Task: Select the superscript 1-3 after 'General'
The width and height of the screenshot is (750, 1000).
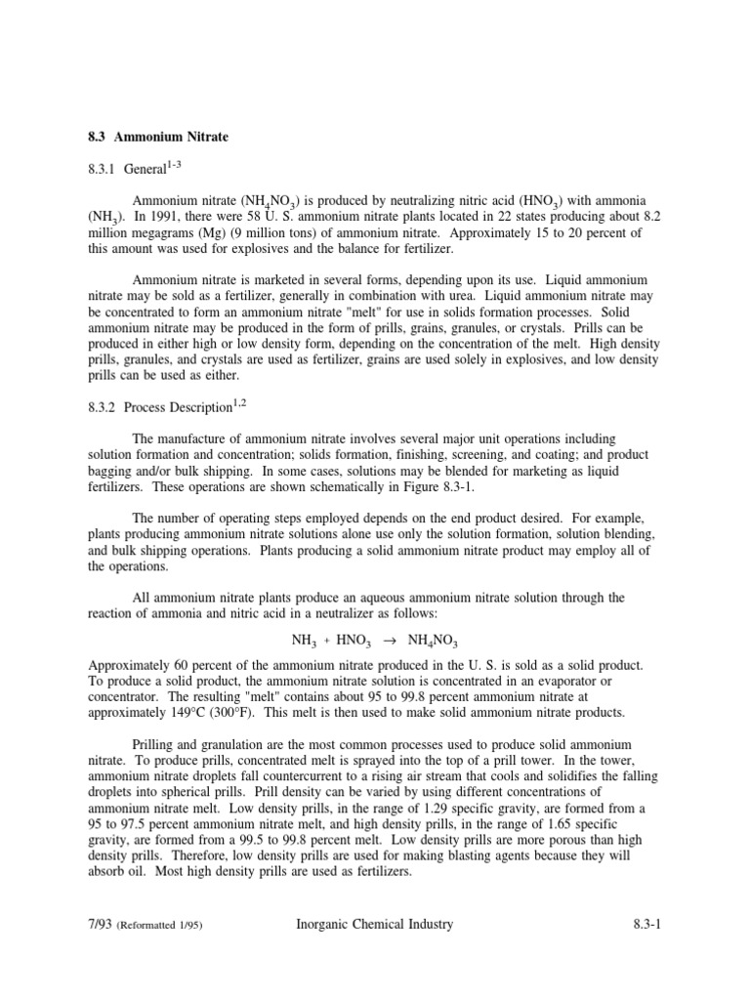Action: [x=175, y=165]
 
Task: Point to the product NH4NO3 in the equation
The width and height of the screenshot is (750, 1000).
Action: [x=433, y=641]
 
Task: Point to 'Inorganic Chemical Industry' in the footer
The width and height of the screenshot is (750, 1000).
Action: [x=374, y=925]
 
